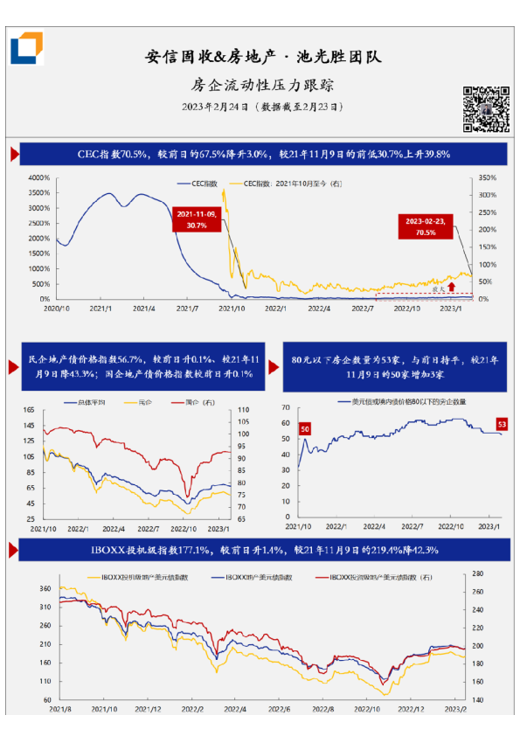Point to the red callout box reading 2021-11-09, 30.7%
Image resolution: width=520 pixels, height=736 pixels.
(196, 219)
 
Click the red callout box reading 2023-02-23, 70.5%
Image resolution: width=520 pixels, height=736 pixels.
(425, 227)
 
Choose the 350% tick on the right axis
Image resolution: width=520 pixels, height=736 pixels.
(488, 177)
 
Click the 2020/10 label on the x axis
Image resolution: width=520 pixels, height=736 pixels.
(57, 308)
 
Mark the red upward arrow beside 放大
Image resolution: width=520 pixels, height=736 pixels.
(451, 285)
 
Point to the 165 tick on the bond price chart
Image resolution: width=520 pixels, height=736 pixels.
(28, 409)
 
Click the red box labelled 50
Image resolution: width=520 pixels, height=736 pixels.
(306, 429)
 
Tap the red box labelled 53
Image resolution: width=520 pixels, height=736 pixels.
(502, 424)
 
